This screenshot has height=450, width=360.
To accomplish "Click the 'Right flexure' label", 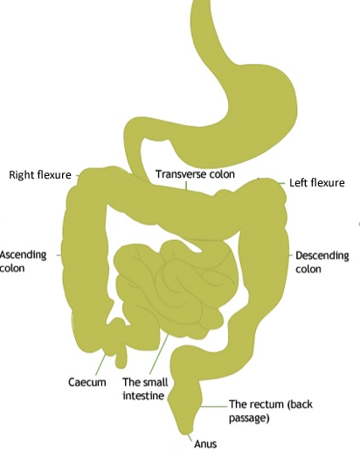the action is [x=40, y=175].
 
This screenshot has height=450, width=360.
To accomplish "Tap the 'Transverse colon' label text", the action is [x=195, y=174].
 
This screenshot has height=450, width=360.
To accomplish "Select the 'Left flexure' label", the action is [x=317, y=183].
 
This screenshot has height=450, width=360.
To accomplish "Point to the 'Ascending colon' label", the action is [x=23, y=262].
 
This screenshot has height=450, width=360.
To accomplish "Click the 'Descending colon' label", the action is [x=322, y=262].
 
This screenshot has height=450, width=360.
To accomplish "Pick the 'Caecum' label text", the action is [x=87, y=382].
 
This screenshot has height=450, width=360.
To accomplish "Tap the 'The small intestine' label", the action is [x=145, y=389].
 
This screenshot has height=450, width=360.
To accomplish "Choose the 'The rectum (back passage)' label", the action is [x=271, y=411].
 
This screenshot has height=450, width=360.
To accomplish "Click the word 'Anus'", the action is [x=205, y=444].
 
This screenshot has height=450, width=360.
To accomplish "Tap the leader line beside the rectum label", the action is [x=214, y=406].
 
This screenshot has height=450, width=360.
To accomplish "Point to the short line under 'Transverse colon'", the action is [x=186, y=186].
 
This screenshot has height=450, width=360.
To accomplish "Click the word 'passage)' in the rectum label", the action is [x=249, y=418].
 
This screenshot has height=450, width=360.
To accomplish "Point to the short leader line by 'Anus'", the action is [x=190, y=438].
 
